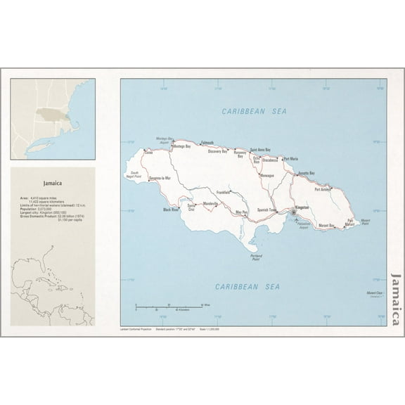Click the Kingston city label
302,207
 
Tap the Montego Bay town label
183,146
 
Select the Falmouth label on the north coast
207,143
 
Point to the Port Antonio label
322,189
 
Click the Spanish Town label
267,210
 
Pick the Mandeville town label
210,203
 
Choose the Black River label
171,210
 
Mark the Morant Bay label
326,225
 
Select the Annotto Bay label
306,173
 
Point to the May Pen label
241,212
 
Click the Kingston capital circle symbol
293,212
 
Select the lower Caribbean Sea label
247,286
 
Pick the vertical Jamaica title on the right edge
397,302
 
